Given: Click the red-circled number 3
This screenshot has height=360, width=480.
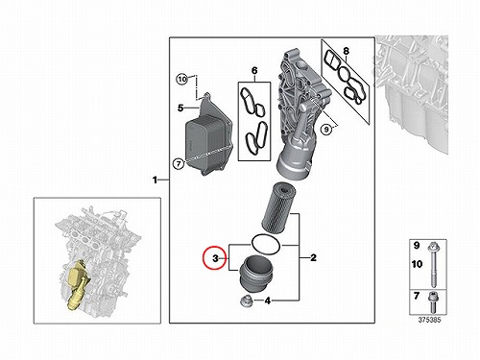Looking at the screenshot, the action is [215, 258].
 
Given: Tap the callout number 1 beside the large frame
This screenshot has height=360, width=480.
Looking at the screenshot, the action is [156, 180].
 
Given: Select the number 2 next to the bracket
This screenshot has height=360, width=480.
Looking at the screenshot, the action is [313, 257].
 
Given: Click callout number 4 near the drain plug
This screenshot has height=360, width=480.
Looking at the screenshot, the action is [268, 300].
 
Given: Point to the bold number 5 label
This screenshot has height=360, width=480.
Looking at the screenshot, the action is [180, 108].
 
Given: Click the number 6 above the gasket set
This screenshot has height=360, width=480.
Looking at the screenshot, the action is [254, 70].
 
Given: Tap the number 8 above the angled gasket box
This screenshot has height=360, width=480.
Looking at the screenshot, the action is [346, 51].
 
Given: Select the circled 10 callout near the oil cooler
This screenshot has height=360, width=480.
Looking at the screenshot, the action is [182, 79].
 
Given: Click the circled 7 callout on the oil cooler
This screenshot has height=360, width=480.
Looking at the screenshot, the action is [179, 164].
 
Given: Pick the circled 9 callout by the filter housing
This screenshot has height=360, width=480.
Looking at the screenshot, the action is [326, 130].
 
